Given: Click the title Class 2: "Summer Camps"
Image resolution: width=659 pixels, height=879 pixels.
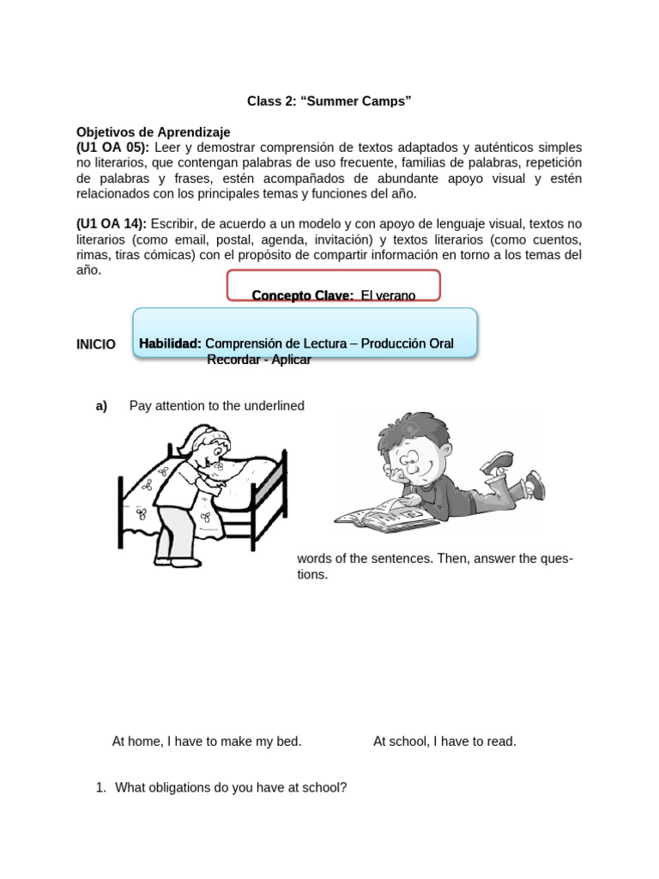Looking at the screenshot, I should (x=329, y=101).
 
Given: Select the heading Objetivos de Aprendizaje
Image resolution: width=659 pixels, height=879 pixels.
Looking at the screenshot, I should (x=154, y=132).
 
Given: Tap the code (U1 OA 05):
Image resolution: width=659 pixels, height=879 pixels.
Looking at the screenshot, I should (x=112, y=148).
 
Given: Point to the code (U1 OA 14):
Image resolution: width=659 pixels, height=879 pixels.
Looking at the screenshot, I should (x=112, y=224).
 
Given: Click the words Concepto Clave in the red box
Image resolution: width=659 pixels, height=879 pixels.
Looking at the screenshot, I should (x=302, y=295).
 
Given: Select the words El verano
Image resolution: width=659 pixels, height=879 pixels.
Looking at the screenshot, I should (x=388, y=295).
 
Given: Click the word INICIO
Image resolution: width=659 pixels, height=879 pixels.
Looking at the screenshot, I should (x=96, y=344).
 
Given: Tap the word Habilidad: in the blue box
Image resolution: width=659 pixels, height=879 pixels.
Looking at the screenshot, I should (x=171, y=343).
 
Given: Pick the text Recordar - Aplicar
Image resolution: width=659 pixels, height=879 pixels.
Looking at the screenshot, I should (x=258, y=360).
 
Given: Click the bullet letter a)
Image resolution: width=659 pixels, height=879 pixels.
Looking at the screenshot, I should (x=101, y=406).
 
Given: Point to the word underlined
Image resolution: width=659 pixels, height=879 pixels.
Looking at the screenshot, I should (x=274, y=406).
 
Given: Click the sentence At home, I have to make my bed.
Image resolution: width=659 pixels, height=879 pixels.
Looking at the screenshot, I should (x=207, y=742).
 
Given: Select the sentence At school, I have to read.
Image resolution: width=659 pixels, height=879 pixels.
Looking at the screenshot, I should (x=444, y=742).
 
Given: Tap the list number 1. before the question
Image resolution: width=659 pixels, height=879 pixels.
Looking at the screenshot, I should (x=100, y=787).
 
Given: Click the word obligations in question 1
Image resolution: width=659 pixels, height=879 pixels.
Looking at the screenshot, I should (x=182, y=787).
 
